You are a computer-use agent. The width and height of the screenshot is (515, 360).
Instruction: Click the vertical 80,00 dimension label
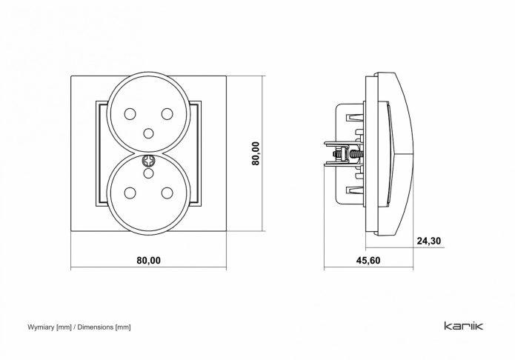point(256,153)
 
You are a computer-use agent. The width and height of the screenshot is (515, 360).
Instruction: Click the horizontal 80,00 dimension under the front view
point(149,260)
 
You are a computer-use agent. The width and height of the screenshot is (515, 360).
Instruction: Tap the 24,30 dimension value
point(429,241)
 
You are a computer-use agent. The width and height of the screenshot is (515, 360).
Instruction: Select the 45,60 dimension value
point(368,261)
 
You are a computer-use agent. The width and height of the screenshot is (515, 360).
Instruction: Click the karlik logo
point(464,326)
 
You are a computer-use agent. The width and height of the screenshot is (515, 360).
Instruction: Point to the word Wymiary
point(41,327)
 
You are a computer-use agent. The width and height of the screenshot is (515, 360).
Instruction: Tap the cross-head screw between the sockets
point(149,161)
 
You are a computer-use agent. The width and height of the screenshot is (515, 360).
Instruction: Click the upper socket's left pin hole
point(130,114)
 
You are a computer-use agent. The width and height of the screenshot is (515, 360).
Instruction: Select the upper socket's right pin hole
point(167,114)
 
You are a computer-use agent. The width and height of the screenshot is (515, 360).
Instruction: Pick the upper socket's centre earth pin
point(149,133)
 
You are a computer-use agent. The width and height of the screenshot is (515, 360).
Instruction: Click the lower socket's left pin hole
point(130,192)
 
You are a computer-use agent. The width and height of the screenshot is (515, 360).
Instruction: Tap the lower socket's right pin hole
point(167,192)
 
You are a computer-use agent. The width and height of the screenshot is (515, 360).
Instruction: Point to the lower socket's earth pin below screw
point(149,173)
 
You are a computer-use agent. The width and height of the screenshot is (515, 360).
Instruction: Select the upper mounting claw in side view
point(341,144)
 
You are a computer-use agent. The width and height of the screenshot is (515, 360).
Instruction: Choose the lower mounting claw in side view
point(341,163)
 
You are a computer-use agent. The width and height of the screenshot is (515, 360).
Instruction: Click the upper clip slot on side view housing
point(354,117)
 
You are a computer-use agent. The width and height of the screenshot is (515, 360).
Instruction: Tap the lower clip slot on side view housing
point(354,190)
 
